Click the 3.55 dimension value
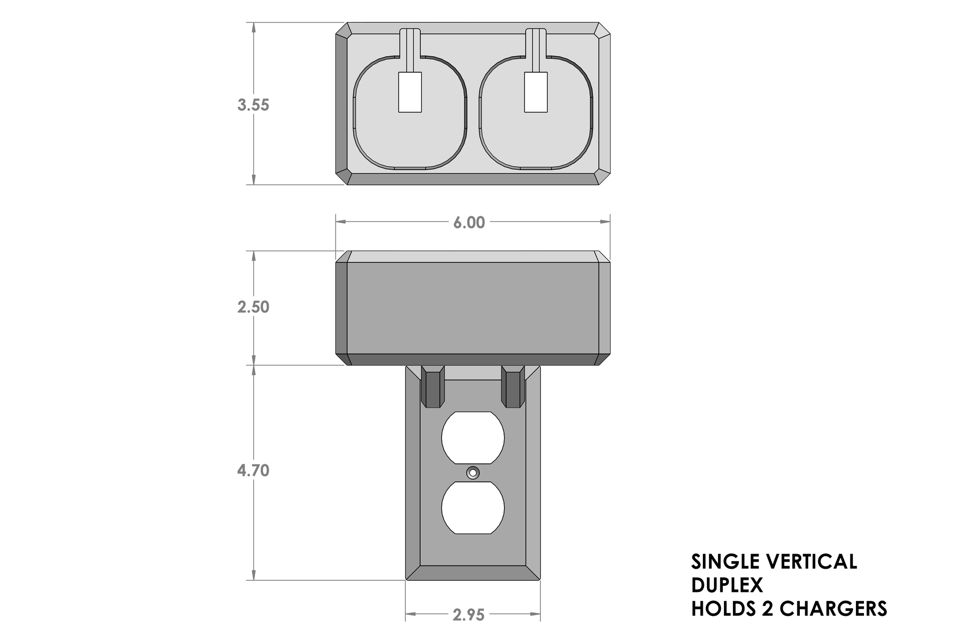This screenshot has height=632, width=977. (253, 105)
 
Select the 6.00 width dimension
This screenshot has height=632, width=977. (469, 222)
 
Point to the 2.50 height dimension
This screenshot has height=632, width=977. (253, 307)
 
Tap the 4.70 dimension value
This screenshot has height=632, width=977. (253, 471)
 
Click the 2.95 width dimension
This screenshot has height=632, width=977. (469, 615)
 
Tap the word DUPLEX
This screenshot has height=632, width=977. (726, 585)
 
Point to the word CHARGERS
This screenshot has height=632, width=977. (834, 608)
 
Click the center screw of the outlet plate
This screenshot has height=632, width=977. (472, 473)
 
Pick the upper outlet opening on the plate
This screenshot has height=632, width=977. (472, 438)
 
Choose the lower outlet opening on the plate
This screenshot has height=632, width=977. (472, 508)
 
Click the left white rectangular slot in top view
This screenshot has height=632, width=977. (410, 92)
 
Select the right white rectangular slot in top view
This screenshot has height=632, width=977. (536, 92)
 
